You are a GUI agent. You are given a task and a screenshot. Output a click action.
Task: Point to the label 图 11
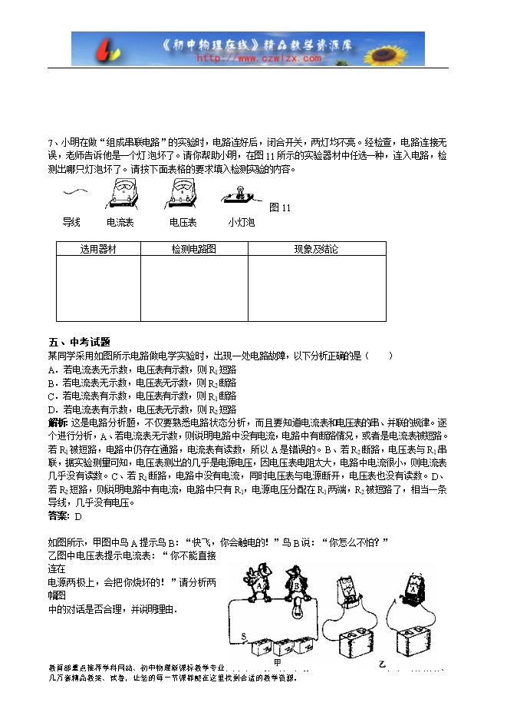click(281, 208)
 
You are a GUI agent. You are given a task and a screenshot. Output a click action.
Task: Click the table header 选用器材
click(98, 250)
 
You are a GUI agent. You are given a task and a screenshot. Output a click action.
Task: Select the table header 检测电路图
click(193, 250)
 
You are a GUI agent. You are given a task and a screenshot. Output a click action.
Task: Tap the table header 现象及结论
click(316, 250)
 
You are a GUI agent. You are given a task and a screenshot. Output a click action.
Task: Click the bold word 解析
click(58, 422)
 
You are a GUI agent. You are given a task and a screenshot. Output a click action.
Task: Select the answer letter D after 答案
click(78, 515)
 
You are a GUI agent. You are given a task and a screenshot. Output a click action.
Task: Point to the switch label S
click(244, 636)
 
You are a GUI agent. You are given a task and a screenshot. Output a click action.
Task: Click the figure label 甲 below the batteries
click(278, 661)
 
